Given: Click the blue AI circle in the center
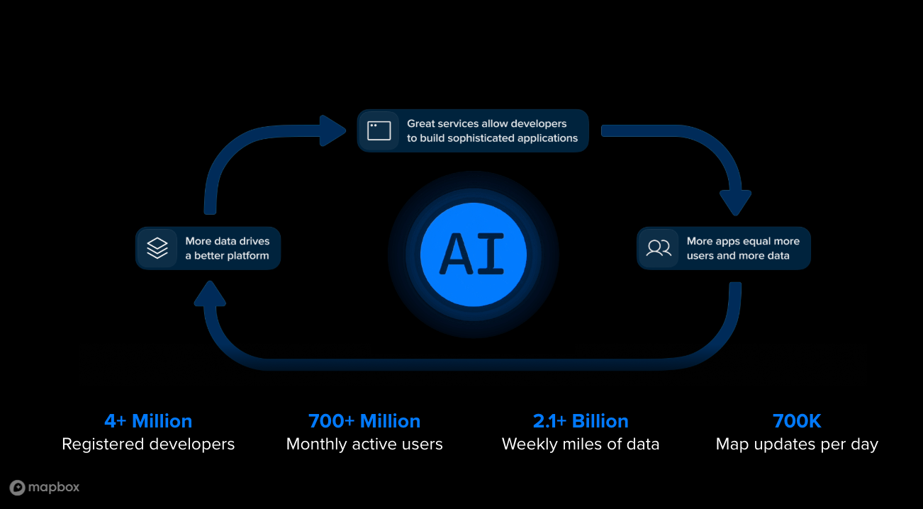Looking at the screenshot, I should (473, 254).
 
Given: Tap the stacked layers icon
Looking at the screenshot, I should (157, 248).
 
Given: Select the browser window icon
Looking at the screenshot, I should (379, 130).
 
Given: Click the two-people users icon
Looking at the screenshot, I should (659, 248).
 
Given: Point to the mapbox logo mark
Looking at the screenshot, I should (17, 487).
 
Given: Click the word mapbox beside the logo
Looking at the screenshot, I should (54, 487).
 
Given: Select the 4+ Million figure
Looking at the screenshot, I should (148, 421).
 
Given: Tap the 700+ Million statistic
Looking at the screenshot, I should (364, 421).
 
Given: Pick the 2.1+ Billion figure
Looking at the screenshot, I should (581, 421).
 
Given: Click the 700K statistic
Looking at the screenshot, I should (797, 421).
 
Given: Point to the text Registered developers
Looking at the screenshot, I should (148, 444).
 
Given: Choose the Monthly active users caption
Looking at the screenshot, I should (364, 444).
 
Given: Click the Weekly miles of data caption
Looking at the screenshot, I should (581, 444).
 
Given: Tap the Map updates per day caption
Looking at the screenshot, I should (797, 444).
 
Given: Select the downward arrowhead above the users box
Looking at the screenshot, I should (735, 202).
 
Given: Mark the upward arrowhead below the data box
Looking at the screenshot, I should (210, 293).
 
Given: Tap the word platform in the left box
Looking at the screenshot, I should (245, 256).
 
